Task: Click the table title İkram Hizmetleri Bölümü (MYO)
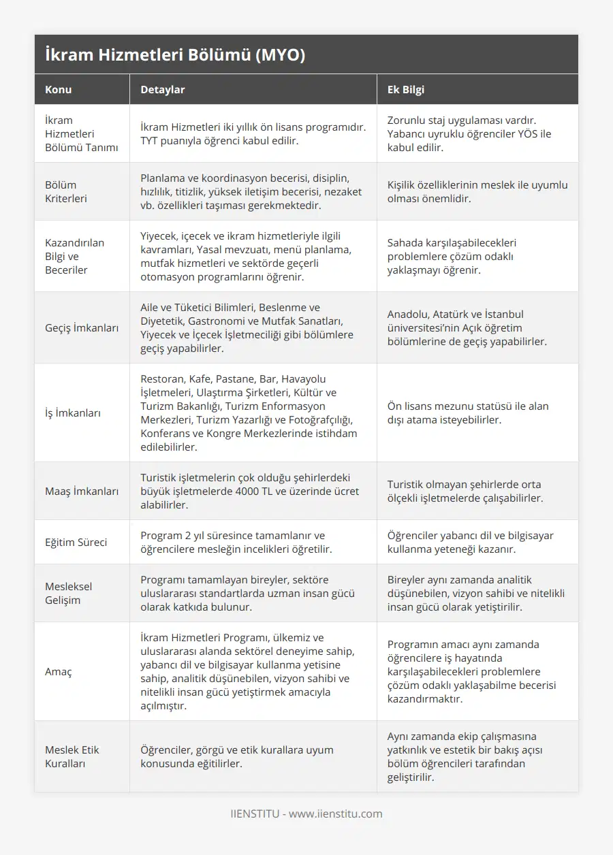[174, 55]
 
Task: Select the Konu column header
[59, 89]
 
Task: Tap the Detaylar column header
[162, 89]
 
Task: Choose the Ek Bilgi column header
[406, 89]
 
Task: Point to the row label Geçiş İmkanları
[82, 327]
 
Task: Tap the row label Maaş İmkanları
[82, 491]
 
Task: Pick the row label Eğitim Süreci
[76, 542]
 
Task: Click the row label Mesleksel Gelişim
[69, 593]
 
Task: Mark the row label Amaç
[58, 671]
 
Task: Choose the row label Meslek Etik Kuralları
[72, 756]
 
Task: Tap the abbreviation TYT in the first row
[151, 140]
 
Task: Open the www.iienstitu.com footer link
[336, 813]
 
